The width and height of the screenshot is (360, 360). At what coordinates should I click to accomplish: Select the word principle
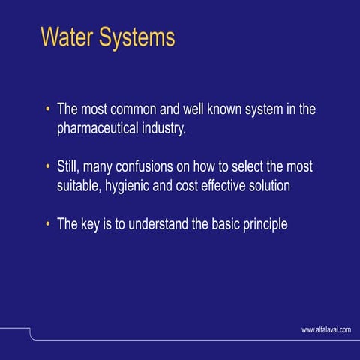point(259,224)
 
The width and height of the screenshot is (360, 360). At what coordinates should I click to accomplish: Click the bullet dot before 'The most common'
point(48,109)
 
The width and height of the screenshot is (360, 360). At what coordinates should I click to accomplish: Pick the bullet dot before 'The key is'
point(48,223)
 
